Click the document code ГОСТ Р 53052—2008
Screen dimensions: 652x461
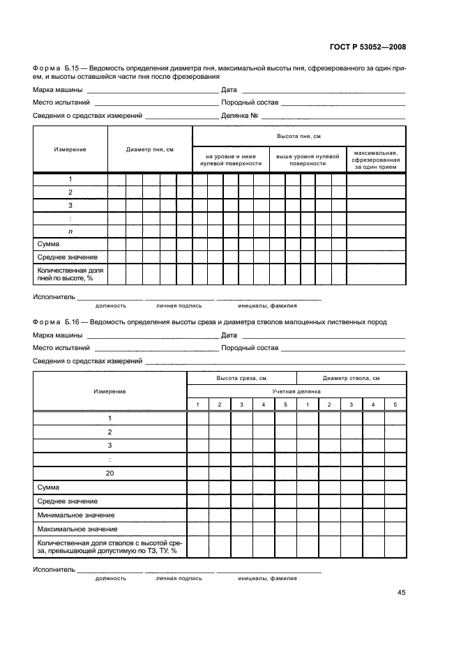pyautogui.click(x=368, y=47)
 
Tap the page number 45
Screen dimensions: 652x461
pyautogui.click(x=401, y=593)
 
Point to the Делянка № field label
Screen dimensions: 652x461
pyautogui.click(x=241, y=115)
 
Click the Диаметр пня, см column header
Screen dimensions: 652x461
pyautogui.click(x=149, y=150)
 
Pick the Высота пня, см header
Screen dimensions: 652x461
pyautogui.click(x=298, y=136)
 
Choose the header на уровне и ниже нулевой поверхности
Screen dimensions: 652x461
pyautogui.click(x=230, y=160)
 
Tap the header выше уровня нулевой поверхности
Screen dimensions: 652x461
pyautogui.click(x=308, y=160)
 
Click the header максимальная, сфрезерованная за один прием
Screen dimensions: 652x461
pyautogui.click(x=375, y=160)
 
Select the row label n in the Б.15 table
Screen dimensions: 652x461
pyautogui.click(x=70, y=231)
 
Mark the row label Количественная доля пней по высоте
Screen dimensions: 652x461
pyautogui.click(x=70, y=273)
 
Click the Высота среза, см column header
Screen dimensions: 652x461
pyautogui.click(x=241, y=378)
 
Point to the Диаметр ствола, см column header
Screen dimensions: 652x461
pyautogui.click(x=351, y=378)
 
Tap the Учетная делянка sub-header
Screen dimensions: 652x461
pyautogui.click(x=296, y=391)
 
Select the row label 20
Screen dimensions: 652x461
pyautogui.click(x=109, y=473)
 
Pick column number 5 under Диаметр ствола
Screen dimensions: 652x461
pyautogui.click(x=395, y=405)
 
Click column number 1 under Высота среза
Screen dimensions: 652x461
pyautogui.click(x=197, y=405)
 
